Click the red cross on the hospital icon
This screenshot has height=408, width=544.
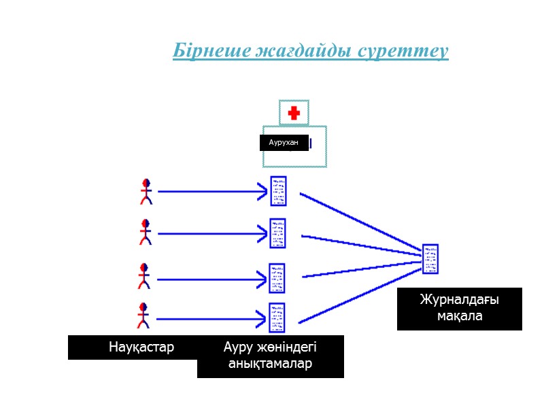click(x=294, y=113)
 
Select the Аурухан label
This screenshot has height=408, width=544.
click(x=284, y=143)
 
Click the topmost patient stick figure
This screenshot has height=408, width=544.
click(x=145, y=191)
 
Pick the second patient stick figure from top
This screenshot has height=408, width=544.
click(x=145, y=232)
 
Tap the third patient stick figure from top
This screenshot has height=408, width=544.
click(x=143, y=276)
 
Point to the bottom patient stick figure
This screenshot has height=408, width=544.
click(x=143, y=316)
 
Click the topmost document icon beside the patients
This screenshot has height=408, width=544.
click(x=278, y=191)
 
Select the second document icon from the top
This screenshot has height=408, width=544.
click(x=277, y=233)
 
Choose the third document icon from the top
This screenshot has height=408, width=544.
click(x=277, y=277)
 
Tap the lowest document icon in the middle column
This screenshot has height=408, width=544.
click(x=277, y=317)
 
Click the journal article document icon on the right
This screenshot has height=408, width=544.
click(x=430, y=258)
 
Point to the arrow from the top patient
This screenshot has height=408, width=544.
click(x=211, y=192)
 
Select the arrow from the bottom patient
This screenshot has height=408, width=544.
click(x=211, y=317)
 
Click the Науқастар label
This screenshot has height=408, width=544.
click(x=141, y=347)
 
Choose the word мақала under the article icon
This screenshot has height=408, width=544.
click(x=460, y=316)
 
